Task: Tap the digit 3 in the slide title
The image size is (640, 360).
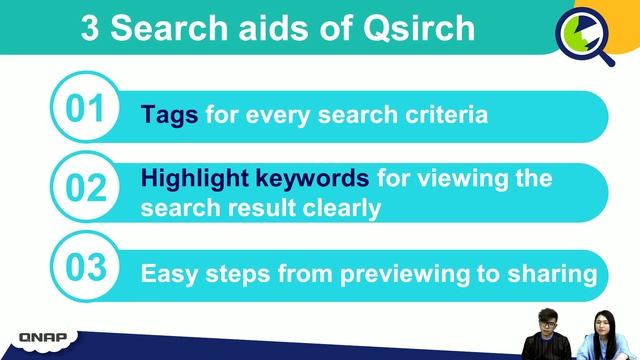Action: pos(92,28)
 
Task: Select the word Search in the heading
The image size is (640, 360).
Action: pos(169,28)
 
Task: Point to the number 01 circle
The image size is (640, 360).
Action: pos(85,109)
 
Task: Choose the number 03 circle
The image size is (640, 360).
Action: pos(85,268)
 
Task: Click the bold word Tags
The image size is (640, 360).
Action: pos(170,115)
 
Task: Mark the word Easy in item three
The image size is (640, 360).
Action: pos(167,273)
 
